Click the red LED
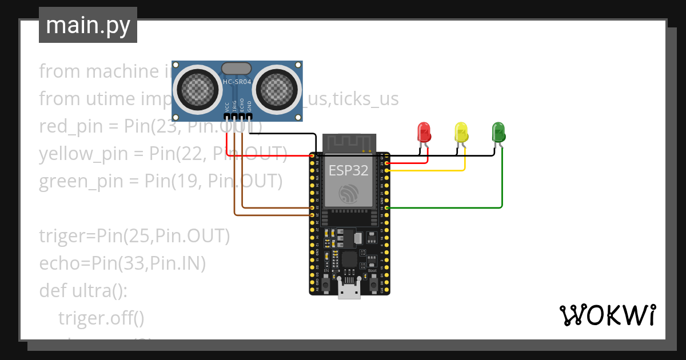[x=424, y=132]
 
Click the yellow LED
[x=461, y=132]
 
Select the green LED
[x=498, y=132]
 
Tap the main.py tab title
[x=88, y=25]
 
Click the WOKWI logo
[x=607, y=315]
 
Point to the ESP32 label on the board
[x=349, y=170]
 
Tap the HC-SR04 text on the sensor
[x=237, y=82]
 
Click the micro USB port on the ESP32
[x=349, y=290]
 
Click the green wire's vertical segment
[x=502, y=177]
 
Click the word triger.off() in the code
[x=101, y=317]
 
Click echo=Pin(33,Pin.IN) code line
[x=122, y=263]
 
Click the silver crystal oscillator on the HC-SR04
[x=236, y=68]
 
